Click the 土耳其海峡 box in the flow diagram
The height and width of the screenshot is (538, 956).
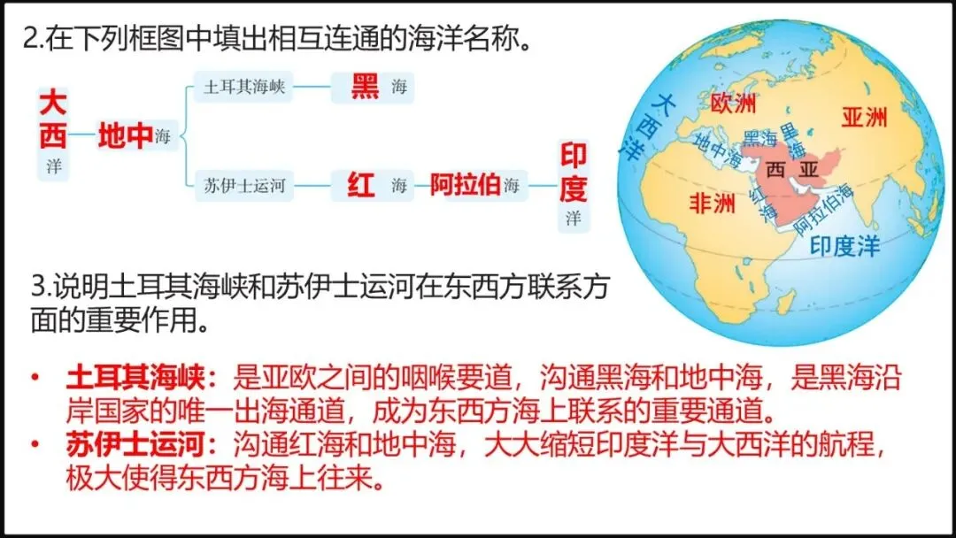[244, 88]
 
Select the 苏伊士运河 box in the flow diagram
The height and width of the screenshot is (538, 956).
[244, 187]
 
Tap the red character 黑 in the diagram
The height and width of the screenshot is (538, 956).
[364, 87]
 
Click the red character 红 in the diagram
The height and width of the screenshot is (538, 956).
[361, 187]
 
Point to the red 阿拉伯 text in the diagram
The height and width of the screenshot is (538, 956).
[465, 187]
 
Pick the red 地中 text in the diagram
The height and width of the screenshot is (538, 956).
[125, 137]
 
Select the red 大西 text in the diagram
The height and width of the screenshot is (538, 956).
[53, 121]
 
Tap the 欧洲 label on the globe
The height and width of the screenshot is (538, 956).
[734, 104]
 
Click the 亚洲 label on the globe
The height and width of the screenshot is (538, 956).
[864, 117]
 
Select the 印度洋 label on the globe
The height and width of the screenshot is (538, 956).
[845, 246]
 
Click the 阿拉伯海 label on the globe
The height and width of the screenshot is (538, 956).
[824, 212]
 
